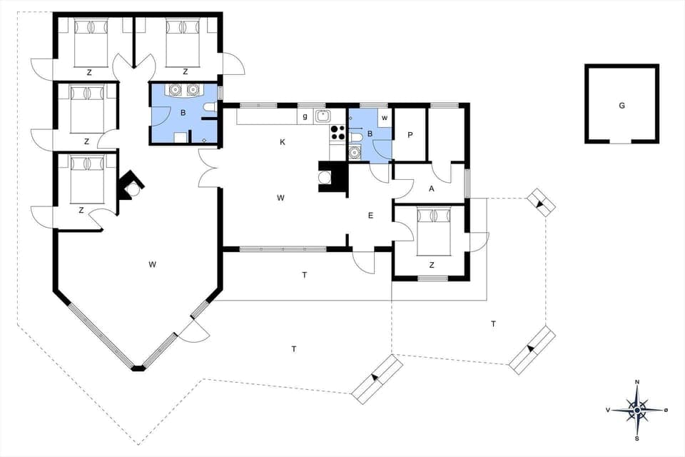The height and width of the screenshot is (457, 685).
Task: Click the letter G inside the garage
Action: (621, 106)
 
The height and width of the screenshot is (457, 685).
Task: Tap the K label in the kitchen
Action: (283, 142)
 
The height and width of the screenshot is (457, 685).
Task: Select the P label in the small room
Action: (410, 135)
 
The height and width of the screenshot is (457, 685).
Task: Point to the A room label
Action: (431, 189)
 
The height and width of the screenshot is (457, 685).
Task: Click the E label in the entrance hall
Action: (370, 216)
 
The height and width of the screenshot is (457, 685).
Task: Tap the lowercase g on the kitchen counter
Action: (305, 116)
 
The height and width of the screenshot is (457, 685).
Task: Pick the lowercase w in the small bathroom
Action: (384, 117)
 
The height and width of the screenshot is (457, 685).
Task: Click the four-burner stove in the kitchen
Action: (337, 132)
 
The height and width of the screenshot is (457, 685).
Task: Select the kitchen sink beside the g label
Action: (323, 116)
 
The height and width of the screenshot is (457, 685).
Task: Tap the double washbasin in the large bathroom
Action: (183, 91)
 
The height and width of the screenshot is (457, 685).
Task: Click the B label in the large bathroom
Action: (183, 113)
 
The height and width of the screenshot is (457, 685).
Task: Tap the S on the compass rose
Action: (637, 438)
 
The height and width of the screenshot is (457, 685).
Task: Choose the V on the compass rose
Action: (608, 410)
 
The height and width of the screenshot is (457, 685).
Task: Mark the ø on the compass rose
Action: (666, 410)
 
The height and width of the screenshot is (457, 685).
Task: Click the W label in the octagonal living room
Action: (152, 265)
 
